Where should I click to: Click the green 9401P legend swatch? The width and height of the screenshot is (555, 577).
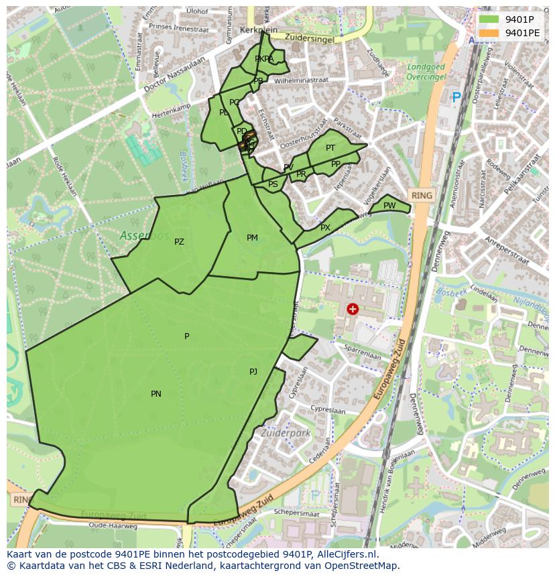[489, 19]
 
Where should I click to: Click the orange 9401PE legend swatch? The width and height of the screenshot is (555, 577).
[489, 33]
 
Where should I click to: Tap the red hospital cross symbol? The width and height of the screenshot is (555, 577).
[353, 309]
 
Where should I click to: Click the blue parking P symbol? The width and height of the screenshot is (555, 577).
[456, 98]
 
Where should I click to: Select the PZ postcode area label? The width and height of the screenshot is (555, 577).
[179, 242]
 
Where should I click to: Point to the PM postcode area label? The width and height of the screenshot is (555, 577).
[252, 238]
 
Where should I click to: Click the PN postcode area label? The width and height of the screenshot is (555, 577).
[156, 394]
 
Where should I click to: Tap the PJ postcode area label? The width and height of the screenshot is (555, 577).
[253, 371]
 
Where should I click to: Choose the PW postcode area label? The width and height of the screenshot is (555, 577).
[389, 206]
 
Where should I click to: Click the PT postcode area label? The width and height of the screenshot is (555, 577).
[330, 148]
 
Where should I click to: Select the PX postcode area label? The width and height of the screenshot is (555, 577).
[325, 228]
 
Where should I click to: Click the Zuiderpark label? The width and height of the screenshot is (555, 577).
[286, 434]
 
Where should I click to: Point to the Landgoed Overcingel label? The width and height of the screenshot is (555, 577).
[426, 72]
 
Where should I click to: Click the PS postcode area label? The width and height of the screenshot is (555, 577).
[273, 184]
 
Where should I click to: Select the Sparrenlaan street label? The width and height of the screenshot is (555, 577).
[362, 350]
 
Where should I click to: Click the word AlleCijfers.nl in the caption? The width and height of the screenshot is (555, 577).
[346, 554]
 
